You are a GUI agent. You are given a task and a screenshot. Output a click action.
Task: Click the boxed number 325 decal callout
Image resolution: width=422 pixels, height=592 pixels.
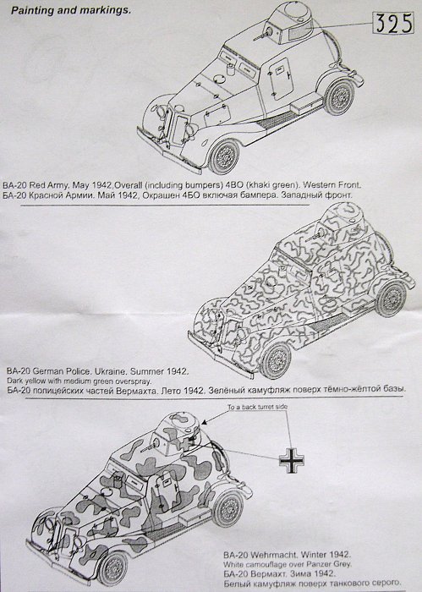[x=393, y=23]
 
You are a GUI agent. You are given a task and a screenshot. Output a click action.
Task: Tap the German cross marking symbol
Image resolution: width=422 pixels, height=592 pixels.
[x=292, y=460]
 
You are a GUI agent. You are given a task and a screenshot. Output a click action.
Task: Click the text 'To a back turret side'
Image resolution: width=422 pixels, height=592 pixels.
[x=257, y=407]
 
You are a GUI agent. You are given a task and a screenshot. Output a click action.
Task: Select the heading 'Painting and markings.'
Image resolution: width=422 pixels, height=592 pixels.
[x=71, y=10]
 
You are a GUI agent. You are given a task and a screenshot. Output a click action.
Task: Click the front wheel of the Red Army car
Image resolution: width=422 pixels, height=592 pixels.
[x=224, y=156]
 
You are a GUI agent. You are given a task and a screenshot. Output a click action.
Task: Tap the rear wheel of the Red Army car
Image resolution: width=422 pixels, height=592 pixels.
[x=340, y=97]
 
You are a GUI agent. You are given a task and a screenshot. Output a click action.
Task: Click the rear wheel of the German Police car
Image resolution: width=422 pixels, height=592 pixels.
[x=392, y=299]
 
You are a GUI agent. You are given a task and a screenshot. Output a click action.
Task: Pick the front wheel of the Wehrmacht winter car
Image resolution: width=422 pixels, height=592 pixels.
[x=112, y=568]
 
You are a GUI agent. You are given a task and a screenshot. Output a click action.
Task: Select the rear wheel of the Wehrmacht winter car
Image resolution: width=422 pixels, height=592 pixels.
[x=228, y=508]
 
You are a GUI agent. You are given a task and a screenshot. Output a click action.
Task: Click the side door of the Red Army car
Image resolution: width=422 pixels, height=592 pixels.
[x=281, y=78]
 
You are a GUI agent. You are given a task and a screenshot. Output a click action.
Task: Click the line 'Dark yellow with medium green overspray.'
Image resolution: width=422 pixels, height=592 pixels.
[x=79, y=381]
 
